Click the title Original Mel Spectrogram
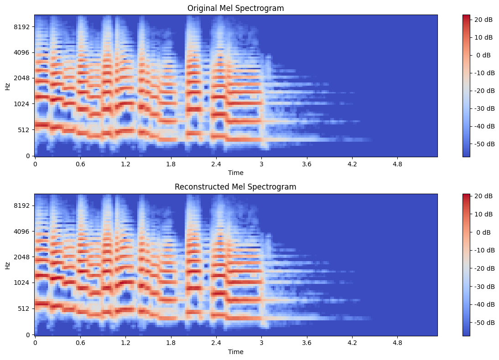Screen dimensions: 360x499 click(236, 8)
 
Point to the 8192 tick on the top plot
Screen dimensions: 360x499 click(21, 27)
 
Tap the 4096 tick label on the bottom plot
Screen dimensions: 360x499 click(21, 231)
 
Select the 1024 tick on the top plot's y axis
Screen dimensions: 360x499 click(21, 104)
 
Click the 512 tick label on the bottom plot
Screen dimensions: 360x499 click(23, 309)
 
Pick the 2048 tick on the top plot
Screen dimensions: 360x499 click(21, 78)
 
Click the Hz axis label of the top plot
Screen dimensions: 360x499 click(7, 86)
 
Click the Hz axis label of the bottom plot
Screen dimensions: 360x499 click(7, 265)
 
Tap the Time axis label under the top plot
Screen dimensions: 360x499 click(236, 173)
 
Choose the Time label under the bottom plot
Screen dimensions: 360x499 click(236, 352)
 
